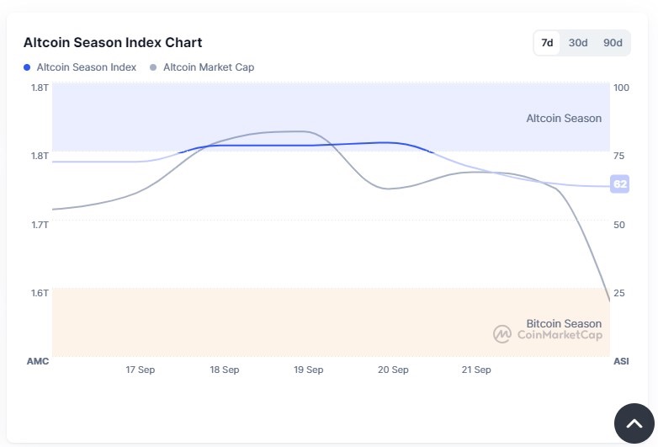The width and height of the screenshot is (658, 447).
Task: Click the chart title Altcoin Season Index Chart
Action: click(x=113, y=42)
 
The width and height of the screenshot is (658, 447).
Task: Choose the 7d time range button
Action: click(x=547, y=43)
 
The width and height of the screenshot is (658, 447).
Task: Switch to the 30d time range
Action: click(x=578, y=43)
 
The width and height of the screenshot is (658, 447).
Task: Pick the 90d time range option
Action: click(x=613, y=43)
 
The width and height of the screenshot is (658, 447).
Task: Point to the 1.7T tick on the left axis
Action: click(x=40, y=225)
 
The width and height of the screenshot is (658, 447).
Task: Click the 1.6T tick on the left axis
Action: click(x=40, y=293)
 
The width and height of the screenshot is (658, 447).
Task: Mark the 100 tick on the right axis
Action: click(x=622, y=88)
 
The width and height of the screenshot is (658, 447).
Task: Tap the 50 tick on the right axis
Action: click(x=619, y=225)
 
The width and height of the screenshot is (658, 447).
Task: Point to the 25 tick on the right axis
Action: click(x=619, y=293)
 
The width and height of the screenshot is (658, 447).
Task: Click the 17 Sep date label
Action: click(x=141, y=370)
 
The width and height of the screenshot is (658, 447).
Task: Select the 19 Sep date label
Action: click(x=309, y=370)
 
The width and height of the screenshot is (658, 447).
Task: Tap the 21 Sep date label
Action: click(x=476, y=370)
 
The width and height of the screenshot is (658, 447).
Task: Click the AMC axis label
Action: click(x=39, y=361)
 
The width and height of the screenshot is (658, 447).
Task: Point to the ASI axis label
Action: click(x=621, y=361)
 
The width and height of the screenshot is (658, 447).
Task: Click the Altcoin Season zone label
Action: click(x=564, y=119)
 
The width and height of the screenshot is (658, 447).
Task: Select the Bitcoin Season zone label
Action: click(x=564, y=323)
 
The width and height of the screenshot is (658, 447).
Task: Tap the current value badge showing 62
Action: click(x=620, y=184)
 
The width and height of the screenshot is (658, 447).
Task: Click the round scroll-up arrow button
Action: click(x=634, y=423)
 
